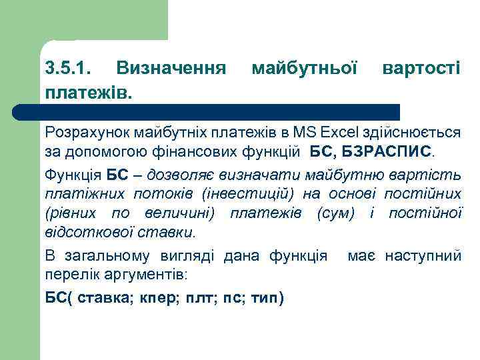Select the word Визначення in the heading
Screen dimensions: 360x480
tap(170, 68)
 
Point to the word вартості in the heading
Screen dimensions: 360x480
tap(421, 68)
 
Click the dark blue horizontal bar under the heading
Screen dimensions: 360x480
tap(220, 111)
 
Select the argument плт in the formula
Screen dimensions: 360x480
tap(197, 297)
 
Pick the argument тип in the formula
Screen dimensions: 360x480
tap(266, 297)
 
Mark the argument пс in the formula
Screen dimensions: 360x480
tap(232, 297)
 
